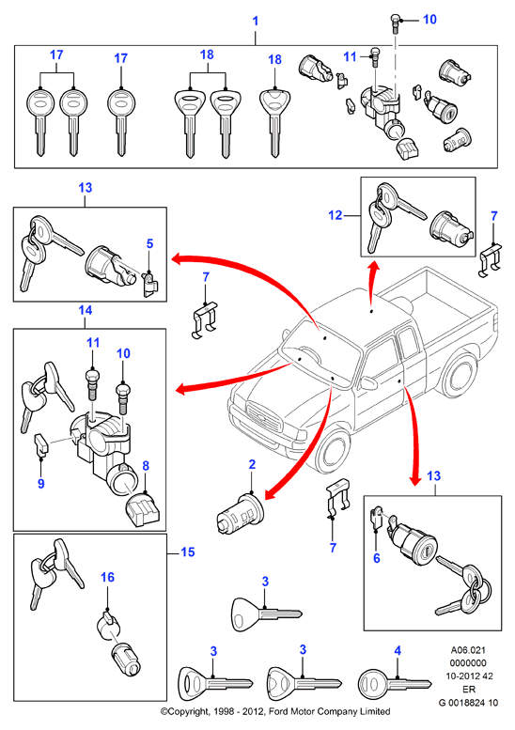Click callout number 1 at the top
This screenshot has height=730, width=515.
[x=256, y=21]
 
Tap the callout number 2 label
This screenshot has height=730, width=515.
[x=252, y=465]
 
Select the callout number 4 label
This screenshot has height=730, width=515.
[x=398, y=651]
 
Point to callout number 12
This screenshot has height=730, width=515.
[x=336, y=215]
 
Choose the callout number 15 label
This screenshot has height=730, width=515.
[x=188, y=552]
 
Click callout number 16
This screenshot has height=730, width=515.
[x=107, y=577]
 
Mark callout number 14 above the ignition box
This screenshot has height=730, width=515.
[x=86, y=310]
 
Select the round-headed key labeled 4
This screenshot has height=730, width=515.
[x=394, y=683]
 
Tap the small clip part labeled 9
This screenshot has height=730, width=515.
[x=41, y=444]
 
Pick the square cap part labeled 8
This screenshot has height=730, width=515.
[x=144, y=511]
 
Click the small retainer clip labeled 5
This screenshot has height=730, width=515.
[x=150, y=284]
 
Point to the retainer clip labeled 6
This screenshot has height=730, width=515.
[x=377, y=519]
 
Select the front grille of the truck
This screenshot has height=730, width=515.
[x=264, y=416]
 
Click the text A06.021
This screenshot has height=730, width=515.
[x=468, y=650]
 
